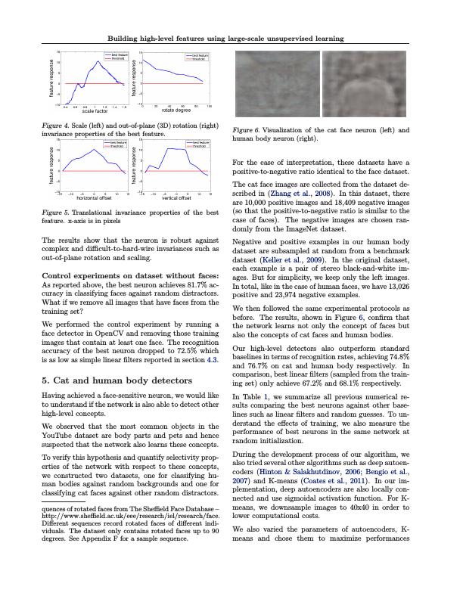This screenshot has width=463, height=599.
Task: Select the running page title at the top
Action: coord(226,38)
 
